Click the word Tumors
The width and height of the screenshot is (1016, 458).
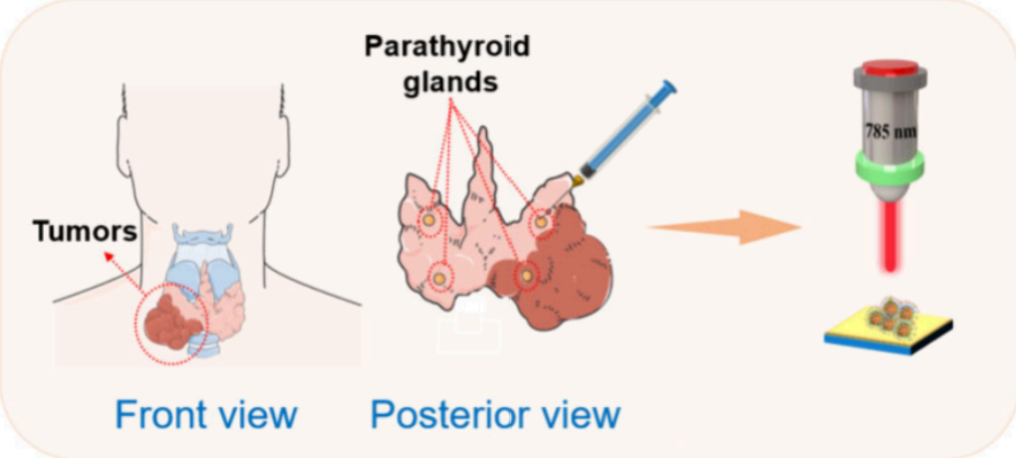(x=85, y=232)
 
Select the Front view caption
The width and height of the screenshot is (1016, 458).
(x=206, y=414)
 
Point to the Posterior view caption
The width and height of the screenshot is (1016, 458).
(x=495, y=414)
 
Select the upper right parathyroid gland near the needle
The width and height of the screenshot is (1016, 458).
(x=541, y=223)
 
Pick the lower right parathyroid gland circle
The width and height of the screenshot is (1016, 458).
(x=526, y=274)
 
